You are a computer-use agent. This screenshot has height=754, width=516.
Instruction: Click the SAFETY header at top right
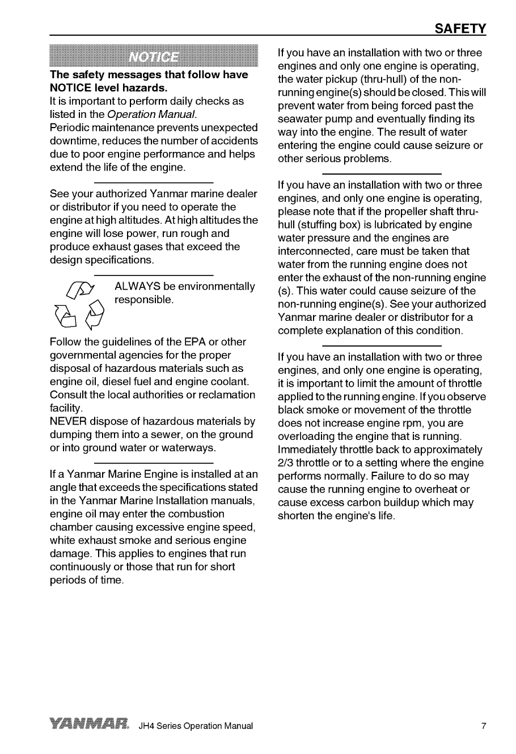tap(460, 28)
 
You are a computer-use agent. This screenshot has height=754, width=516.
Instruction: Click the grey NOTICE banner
tap(154, 57)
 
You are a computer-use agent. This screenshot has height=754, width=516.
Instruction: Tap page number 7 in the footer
tap(484, 726)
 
